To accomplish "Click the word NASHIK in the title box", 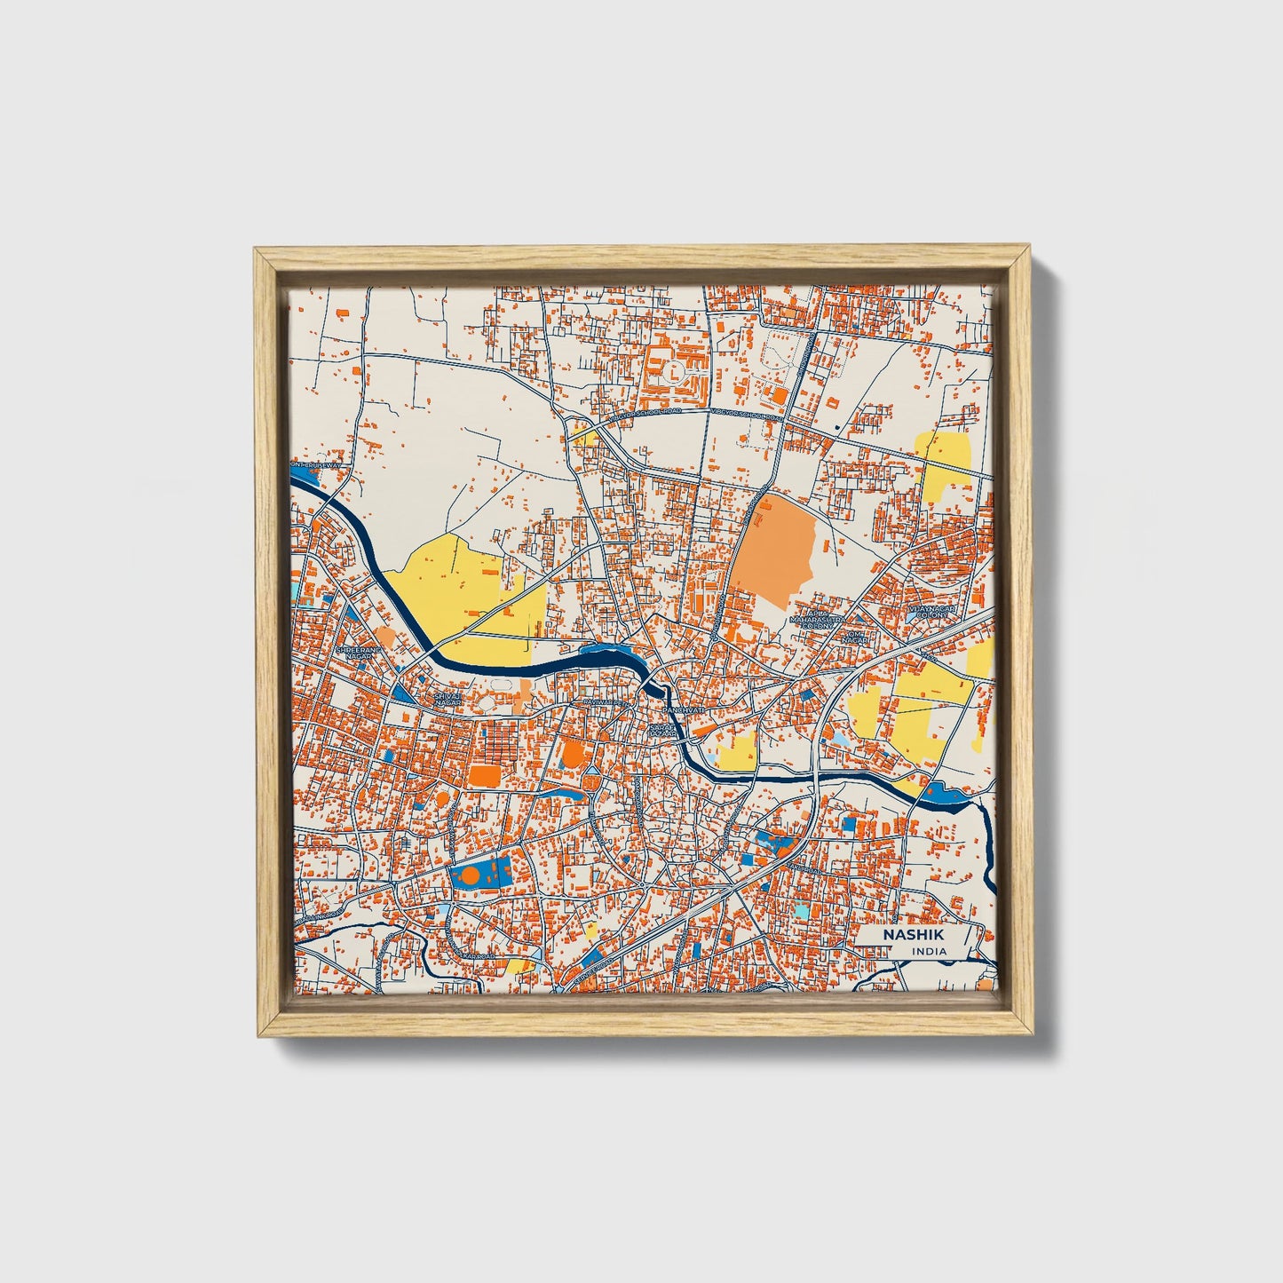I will (x=907, y=936).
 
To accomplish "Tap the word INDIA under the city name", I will (x=929, y=952).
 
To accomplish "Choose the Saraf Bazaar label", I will (x=663, y=730).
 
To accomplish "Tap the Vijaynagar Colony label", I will (x=929, y=612).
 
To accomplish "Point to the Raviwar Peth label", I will (x=597, y=703).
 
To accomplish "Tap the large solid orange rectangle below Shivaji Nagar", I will (x=485, y=774).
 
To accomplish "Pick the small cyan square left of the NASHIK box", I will (x=801, y=911).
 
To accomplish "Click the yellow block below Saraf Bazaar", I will (x=737, y=753).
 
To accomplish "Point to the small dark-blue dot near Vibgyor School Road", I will (x=838, y=429).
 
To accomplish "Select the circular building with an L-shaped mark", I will (x=675, y=368).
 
